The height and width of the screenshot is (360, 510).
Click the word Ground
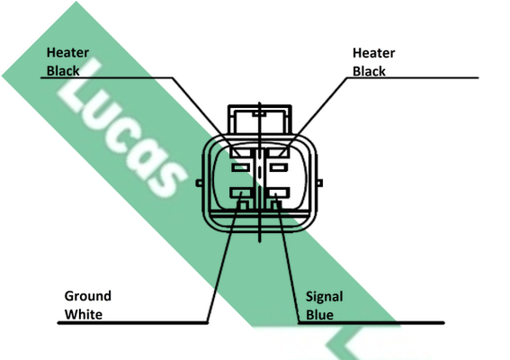point(88,296)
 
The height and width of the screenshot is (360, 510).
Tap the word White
point(84,315)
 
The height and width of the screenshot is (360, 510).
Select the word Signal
point(325,297)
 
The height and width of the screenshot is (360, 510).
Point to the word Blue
point(319,315)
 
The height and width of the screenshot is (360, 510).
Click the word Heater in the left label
point(67,53)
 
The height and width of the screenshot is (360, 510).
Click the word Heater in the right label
point(373,53)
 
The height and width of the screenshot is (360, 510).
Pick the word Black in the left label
point(63,71)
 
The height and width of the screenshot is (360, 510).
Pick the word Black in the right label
point(369,71)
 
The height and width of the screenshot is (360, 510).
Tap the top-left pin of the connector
point(240,152)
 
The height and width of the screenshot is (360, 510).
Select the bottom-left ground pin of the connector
point(241,193)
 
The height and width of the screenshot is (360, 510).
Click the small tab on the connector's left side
point(199,184)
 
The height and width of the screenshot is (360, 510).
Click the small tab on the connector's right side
point(319,184)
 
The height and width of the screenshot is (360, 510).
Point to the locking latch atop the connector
point(260,119)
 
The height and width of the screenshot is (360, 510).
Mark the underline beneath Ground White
point(133,323)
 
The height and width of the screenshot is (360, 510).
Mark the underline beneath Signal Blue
point(371,323)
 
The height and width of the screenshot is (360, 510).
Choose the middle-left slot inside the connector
point(241,168)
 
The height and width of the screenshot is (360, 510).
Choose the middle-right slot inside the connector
point(279,168)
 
